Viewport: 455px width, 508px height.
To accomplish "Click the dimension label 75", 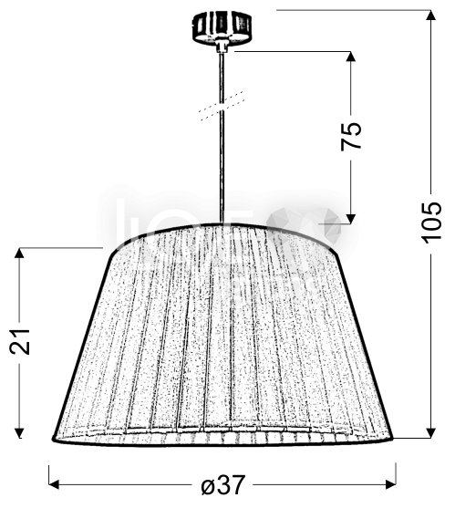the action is tap(351, 136).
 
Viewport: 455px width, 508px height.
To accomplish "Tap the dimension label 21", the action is tap(20, 342).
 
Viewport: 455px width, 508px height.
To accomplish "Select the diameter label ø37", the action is tap(222, 485).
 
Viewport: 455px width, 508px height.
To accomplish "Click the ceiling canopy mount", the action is tap(222, 26).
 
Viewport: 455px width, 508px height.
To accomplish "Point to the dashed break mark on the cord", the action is tap(222, 106).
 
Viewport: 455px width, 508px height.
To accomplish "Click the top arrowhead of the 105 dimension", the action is tap(431, 16).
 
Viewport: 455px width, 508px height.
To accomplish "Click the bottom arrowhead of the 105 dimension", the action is tap(431, 432).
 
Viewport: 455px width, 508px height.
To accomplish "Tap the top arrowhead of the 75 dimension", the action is tap(351, 57).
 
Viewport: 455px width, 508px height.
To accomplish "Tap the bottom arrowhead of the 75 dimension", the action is tap(351, 218).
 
